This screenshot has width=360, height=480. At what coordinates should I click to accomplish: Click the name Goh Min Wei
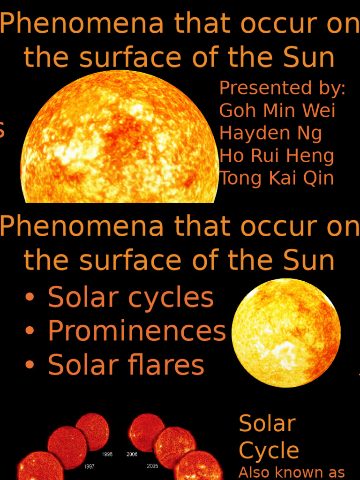click(x=277, y=111)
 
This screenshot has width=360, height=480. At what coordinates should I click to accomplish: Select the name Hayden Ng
click(x=270, y=134)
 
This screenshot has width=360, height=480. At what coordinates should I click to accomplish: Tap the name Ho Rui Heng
click(x=277, y=156)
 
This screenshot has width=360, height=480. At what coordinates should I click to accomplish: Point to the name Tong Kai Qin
click(x=277, y=178)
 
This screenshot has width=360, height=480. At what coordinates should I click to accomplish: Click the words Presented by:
click(x=282, y=88)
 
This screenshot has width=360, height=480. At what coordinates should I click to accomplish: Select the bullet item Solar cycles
click(x=130, y=298)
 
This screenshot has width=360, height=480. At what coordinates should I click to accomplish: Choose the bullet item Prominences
click(x=136, y=331)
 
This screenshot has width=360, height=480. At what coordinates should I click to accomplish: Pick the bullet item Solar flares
click(x=126, y=365)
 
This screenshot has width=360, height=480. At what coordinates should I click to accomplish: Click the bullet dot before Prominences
click(x=30, y=331)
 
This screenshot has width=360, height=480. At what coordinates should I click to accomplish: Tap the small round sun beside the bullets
click(x=286, y=333)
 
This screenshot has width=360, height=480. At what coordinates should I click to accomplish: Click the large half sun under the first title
click(x=120, y=141)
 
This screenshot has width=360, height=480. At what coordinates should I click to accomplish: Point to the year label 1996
click(x=107, y=455)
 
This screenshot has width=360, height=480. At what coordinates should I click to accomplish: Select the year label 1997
click(x=89, y=467)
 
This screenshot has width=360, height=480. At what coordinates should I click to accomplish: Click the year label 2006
click(x=132, y=455)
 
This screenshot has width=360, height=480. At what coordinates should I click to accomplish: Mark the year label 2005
click(x=152, y=466)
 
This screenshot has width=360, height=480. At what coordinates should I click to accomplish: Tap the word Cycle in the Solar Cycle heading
click(x=269, y=451)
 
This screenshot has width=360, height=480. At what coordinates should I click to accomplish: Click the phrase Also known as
click(x=292, y=472)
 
